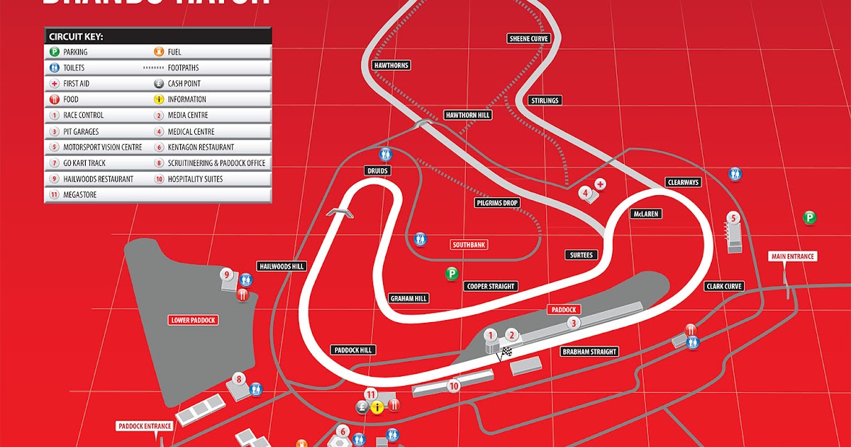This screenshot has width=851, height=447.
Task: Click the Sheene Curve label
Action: (529, 38)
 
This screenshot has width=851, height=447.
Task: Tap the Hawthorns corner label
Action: (391, 65)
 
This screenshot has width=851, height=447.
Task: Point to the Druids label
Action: (378, 170)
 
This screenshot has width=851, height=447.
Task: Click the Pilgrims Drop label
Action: (497, 203)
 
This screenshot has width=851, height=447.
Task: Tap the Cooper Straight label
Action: (491, 287)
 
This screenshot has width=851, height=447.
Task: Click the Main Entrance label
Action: (793, 256)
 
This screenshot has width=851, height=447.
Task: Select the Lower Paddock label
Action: (193, 320)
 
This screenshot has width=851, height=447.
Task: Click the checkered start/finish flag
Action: (506, 352)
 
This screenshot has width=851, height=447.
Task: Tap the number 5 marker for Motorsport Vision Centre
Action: (734, 219)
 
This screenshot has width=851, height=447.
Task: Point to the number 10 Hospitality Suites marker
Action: (454, 386)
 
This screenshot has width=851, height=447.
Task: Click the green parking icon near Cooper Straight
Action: (451, 272)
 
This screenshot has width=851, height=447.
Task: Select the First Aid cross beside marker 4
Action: (601, 184)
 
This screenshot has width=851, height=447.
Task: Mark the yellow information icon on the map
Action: (377, 407)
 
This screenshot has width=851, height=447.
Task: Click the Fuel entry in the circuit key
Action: (174, 52)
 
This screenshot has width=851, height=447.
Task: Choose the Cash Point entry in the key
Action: (184, 84)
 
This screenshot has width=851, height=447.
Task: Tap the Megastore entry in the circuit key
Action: (79, 194)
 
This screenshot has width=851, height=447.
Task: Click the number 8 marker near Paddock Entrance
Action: (239, 379)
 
